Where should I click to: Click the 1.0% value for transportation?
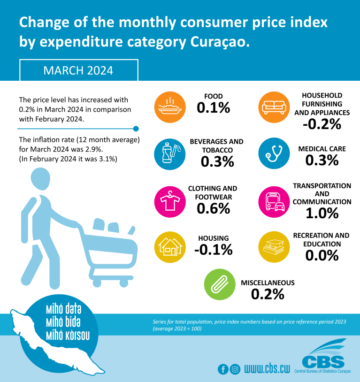[x=322, y=213]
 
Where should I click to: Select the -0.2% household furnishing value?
[x=322, y=124]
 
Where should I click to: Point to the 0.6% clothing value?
[x=214, y=208]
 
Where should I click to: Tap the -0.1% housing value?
[x=214, y=249]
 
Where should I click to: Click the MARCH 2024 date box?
[x=78, y=70]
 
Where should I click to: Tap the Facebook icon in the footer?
[x=223, y=369]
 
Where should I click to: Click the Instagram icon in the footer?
[x=235, y=369]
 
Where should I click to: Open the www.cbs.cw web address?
[x=267, y=369]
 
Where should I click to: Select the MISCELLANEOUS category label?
[x=268, y=283]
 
